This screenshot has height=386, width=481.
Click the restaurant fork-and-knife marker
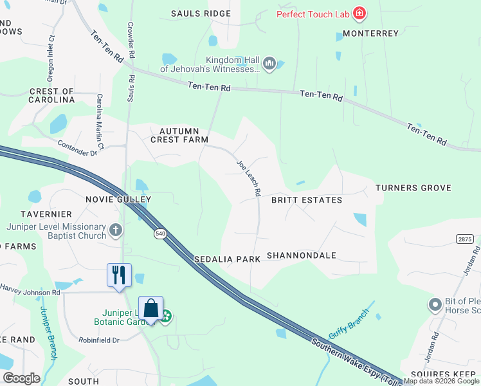pyautogui.click(x=119, y=275)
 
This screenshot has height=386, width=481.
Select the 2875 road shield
pyautogui.click(x=465, y=239)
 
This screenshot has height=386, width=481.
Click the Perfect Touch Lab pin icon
pyautogui.click(x=359, y=14)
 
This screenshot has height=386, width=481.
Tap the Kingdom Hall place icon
pyautogui.click(x=269, y=63)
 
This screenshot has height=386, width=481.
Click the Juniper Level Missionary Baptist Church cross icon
pyautogui.click(x=115, y=230)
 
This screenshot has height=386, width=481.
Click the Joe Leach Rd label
pyautogui.click(x=248, y=178)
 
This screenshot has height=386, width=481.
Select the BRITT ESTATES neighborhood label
pyautogui.click(x=306, y=200)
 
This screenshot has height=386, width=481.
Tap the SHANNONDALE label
pyautogui.click(x=301, y=255)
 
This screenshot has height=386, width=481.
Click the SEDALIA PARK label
pyautogui.click(x=227, y=259)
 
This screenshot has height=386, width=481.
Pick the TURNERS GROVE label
pyautogui.click(x=413, y=188)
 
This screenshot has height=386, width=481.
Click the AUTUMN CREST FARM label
pyautogui.click(x=179, y=135)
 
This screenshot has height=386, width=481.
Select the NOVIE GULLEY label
pyautogui.click(x=118, y=199)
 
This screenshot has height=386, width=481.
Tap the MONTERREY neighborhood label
pyautogui.click(x=371, y=33)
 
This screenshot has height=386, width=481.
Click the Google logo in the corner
pyautogui.click(x=21, y=378)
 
